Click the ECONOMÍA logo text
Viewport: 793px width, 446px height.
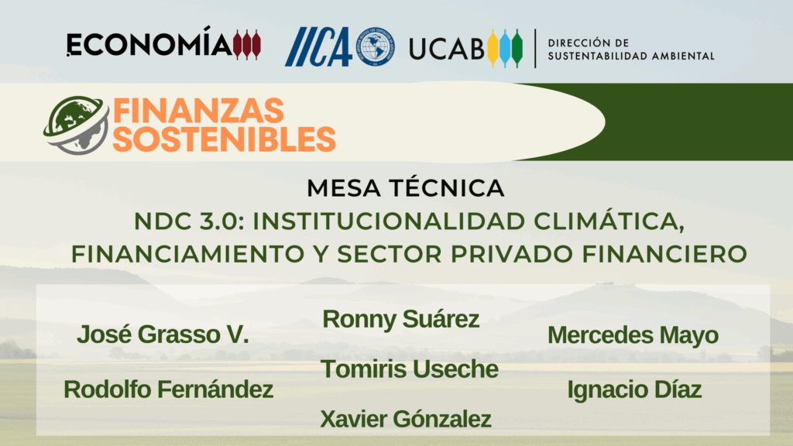(x=149, y=43)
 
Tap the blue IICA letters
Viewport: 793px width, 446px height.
(x=318, y=46)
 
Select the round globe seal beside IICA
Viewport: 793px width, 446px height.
(x=375, y=46)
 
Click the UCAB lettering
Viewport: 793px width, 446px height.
(x=447, y=49)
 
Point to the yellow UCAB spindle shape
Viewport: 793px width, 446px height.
(x=493, y=48)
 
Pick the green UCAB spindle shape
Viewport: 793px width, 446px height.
(x=517, y=48)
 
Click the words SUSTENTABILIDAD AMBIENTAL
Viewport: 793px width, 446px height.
(x=631, y=56)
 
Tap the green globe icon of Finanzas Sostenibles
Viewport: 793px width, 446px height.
(x=77, y=125)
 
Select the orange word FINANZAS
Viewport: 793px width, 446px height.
(x=198, y=111)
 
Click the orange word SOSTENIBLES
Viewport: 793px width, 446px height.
(x=224, y=139)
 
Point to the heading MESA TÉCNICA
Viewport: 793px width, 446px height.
(x=406, y=188)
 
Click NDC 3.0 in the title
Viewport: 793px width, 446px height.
(x=189, y=221)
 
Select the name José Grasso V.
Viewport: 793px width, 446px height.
(x=163, y=334)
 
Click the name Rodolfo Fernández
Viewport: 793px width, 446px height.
(x=168, y=389)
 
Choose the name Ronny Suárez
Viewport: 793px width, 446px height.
(x=400, y=319)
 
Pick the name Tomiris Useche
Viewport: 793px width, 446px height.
(x=410, y=369)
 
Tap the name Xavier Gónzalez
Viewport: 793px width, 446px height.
(x=406, y=419)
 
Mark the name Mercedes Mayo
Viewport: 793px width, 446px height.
(x=633, y=335)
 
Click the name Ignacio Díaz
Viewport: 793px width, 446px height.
(x=634, y=390)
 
